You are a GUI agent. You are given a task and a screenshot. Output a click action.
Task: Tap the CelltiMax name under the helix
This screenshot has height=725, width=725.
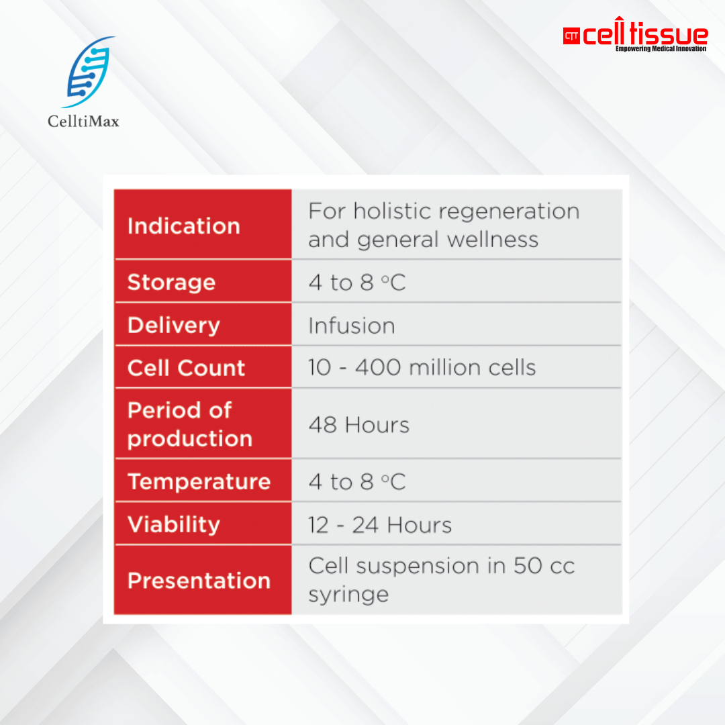coord(84,122)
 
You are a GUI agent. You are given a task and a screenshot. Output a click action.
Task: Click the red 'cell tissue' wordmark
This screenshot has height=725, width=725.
coord(645,35)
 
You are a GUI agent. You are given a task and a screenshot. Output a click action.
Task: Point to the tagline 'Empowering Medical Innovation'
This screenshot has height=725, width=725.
coord(661,49)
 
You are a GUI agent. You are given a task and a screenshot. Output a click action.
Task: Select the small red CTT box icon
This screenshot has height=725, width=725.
coord(571,36)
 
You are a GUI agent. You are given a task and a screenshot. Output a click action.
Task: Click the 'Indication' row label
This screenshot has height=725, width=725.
coord(184,226)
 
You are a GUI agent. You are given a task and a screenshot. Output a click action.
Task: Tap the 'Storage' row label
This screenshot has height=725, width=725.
coord(171,282)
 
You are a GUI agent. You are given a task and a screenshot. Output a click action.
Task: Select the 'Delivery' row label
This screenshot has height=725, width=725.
coord(174,325)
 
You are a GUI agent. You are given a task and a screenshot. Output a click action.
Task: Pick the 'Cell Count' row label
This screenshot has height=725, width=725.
coord(187,368)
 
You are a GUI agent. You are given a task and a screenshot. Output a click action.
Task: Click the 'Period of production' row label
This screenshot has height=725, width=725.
coord(190,424)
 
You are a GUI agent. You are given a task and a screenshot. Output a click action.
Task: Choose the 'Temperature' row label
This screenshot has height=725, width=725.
coord(199,481)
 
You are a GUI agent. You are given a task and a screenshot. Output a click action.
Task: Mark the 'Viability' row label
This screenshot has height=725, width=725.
coord(174,524)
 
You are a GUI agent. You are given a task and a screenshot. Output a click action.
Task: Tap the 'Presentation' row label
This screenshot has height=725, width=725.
coord(199,580)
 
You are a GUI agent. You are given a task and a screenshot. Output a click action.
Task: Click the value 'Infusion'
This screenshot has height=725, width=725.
coord(352,326)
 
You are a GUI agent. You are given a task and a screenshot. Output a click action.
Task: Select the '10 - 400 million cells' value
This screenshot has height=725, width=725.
coord(422,368)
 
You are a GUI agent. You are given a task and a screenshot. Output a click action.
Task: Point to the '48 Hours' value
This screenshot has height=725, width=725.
coord(359,425)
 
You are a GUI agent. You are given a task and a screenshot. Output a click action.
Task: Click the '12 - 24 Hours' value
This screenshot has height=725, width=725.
coord(380,524)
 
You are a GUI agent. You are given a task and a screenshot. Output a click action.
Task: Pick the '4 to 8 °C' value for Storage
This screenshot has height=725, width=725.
coord(357,283)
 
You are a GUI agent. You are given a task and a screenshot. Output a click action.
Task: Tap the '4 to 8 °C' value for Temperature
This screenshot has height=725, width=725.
coord(357,482)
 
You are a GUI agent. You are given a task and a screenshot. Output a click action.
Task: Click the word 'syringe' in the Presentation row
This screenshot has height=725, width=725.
coord(348,595)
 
